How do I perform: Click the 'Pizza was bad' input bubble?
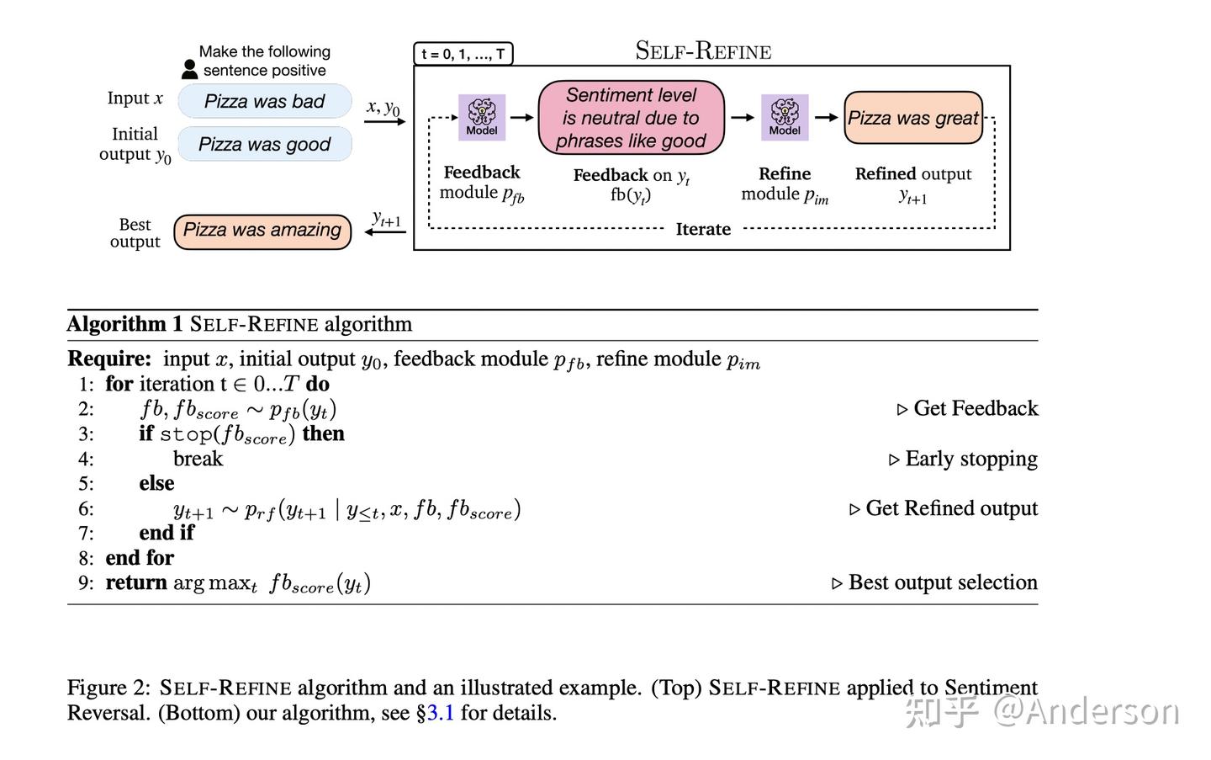pyautogui.click(x=264, y=102)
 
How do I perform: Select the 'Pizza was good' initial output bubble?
pyautogui.click(x=264, y=145)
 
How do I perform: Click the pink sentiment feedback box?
pyautogui.click(x=631, y=118)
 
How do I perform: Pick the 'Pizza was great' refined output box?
pyautogui.click(x=913, y=118)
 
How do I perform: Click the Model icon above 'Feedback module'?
pyautogui.click(x=482, y=116)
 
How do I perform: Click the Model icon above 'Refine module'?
pyautogui.click(x=785, y=116)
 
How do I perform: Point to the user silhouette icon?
pyautogui.click(x=190, y=69)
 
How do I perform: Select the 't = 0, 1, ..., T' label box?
pyautogui.click(x=463, y=55)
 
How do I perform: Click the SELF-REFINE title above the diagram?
pyautogui.click(x=703, y=51)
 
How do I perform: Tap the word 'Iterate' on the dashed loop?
pyautogui.click(x=703, y=229)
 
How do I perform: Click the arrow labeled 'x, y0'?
pyautogui.click(x=385, y=122)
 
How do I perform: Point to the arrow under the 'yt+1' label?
pyautogui.click(x=386, y=231)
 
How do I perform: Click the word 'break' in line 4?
pyautogui.click(x=198, y=459)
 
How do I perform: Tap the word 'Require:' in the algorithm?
pyautogui.click(x=109, y=359)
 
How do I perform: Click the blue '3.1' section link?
pyautogui.click(x=440, y=714)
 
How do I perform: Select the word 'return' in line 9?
pyautogui.click(x=136, y=582)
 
